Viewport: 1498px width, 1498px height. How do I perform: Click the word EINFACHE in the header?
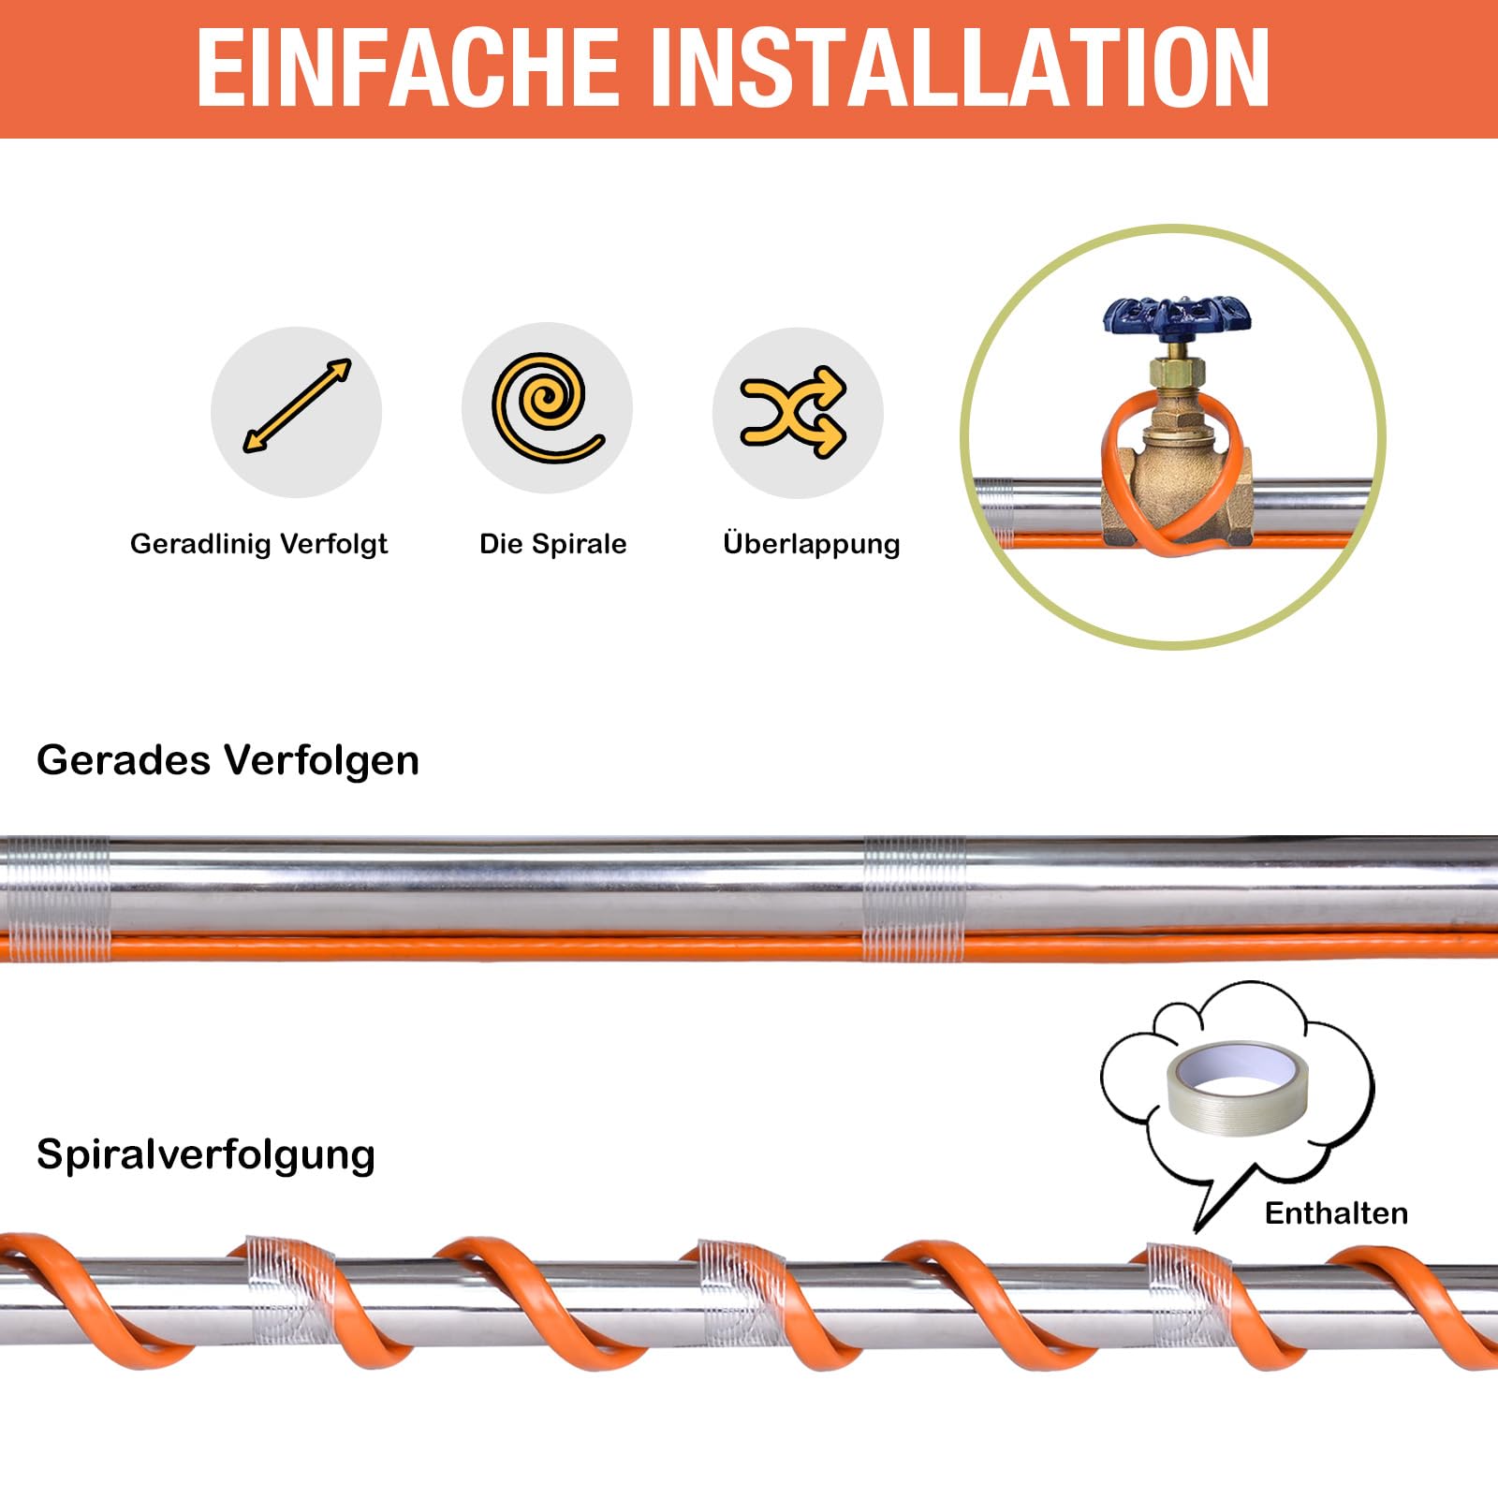click(x=407, y=67)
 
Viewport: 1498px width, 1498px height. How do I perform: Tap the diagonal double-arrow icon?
click(x=296, y=408)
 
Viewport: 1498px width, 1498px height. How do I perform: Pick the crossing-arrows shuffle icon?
click(x=794, y=412)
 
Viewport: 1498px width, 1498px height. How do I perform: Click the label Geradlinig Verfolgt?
click(x=258, y=544)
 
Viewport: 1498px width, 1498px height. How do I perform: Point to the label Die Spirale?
click(x=552, y=544)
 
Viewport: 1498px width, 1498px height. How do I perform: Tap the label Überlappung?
click(x=811, y=544)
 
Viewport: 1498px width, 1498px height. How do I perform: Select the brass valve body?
click(x=1177, y=468)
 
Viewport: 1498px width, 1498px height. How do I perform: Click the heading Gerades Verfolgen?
click(x=228, y=760)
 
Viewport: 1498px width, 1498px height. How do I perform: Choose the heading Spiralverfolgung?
click(x=206, y=1154)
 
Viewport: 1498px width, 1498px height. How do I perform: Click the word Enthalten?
click(x=1336, y=1213)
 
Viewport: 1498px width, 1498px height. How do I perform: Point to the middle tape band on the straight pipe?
click(x=913, y=899)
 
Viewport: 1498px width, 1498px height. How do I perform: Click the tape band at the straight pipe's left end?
click(x=56, y=899)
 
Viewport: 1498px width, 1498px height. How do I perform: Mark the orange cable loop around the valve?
click(x=1114, y=468)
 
